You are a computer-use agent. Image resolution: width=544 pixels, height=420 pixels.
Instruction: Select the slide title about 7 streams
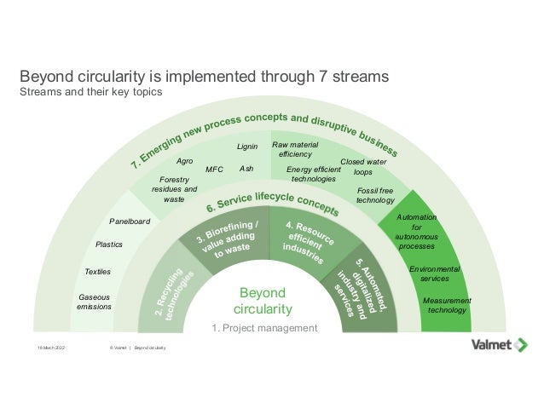point(205,76)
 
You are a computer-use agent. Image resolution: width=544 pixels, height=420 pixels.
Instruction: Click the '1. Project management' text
point(264,328)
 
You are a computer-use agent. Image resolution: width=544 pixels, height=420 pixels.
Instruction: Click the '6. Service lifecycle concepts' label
point(267,203)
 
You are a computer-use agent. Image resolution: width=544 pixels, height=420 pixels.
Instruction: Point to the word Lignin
point(247,147)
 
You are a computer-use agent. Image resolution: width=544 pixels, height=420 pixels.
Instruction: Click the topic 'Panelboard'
point(130,222)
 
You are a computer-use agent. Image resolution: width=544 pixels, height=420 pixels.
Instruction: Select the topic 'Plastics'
point(109,245)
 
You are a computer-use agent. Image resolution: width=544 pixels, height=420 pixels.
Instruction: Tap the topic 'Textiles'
point(98,272)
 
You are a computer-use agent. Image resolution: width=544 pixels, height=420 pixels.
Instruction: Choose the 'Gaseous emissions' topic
point(94,302)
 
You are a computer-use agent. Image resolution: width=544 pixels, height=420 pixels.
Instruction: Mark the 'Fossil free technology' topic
point(375,195)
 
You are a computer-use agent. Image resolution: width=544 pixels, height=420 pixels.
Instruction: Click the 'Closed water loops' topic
point(363,166)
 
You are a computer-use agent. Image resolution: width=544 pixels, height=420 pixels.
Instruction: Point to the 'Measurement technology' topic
point(447,305)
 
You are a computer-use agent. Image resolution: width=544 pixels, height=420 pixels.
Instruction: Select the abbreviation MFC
point(215,170)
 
